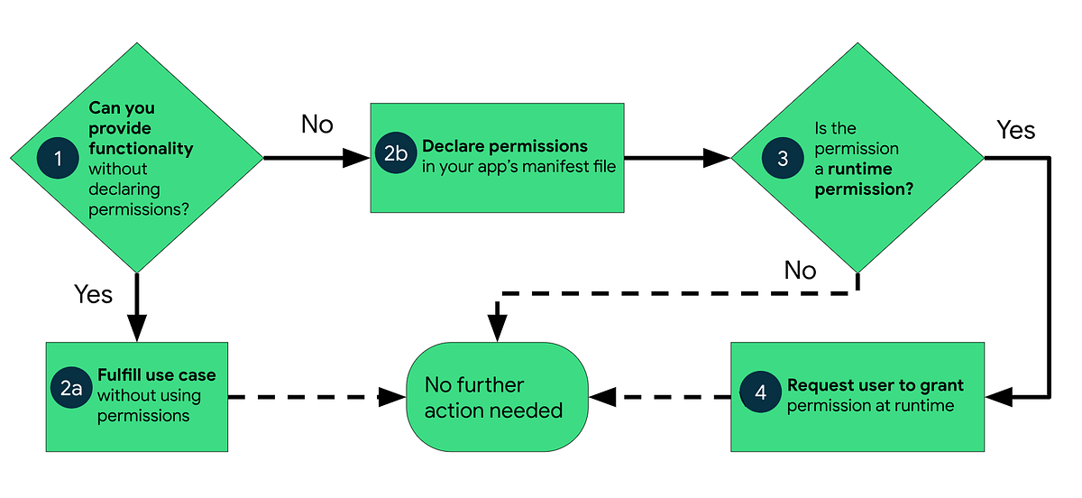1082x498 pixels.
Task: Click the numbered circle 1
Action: pyautogui.click(x=59, y=159)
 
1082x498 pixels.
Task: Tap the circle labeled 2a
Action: pyautogui.click(x=71, y=388)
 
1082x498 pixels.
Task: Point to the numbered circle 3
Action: pyautogui.click(x=783, y=158)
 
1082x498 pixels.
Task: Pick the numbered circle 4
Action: pyautogui.click(x=761, y=394)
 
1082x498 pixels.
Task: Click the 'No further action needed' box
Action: pyautogui.click(x=497, y=397)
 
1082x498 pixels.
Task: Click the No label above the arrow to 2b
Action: pyautogui.click(x=316, y=124)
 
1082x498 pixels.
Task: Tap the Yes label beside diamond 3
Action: pyautogui.click(x=1015, y=131)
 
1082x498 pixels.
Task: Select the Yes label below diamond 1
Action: pyautogui.click(x=93, y=294)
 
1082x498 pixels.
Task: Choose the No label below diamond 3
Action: pyautogui.click(x=800, y=270)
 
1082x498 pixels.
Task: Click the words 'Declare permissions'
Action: pyautogui.click(x=505, y=146)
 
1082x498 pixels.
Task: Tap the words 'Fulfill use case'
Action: pyautogui.click(x=157, y=375)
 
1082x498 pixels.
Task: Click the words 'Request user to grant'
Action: pyautogui.click(x=875, y=385)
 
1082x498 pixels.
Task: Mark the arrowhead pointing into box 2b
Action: pyautogui.click(x=357, y=159)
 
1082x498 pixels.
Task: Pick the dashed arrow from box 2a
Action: pyautogui.click(x=307, y=396)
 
